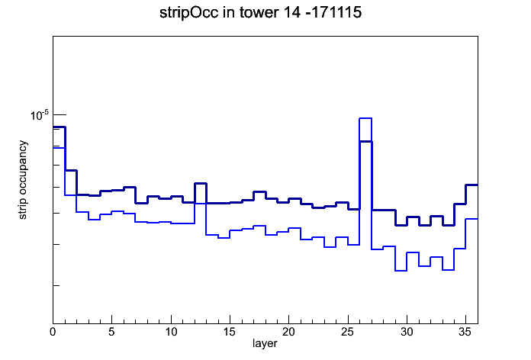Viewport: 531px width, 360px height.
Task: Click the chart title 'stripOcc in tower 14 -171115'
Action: point(260,13)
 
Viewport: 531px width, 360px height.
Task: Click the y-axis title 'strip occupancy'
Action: point(23,180)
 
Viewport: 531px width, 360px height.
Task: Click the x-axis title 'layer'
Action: point(265,343)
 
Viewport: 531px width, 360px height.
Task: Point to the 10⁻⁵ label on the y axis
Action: point(40,115)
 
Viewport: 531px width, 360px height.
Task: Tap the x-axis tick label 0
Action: point(53,332)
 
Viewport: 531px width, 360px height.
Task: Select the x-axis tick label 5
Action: point(111,332)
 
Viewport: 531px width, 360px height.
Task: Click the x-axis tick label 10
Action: point(171,332)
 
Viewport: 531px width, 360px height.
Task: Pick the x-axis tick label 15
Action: point(230,332)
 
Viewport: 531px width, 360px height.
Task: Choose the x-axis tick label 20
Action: point(288,332)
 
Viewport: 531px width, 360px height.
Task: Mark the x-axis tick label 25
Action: point(348,332)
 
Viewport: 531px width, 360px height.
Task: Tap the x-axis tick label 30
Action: point(407,332)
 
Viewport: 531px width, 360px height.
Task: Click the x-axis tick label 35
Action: point(465,332)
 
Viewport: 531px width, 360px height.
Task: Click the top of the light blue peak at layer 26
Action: point(365,118)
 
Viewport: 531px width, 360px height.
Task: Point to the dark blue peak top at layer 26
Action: point(365,142)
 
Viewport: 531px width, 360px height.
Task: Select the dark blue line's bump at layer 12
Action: point(201,183)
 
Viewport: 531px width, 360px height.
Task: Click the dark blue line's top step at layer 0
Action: point(59,127)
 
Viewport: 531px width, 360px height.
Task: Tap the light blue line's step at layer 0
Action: point(59,148)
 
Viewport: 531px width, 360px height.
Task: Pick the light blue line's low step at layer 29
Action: point(401,271)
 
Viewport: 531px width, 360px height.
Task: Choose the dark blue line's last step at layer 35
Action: point(471,185)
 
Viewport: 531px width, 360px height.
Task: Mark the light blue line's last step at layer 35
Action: point(471,219)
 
